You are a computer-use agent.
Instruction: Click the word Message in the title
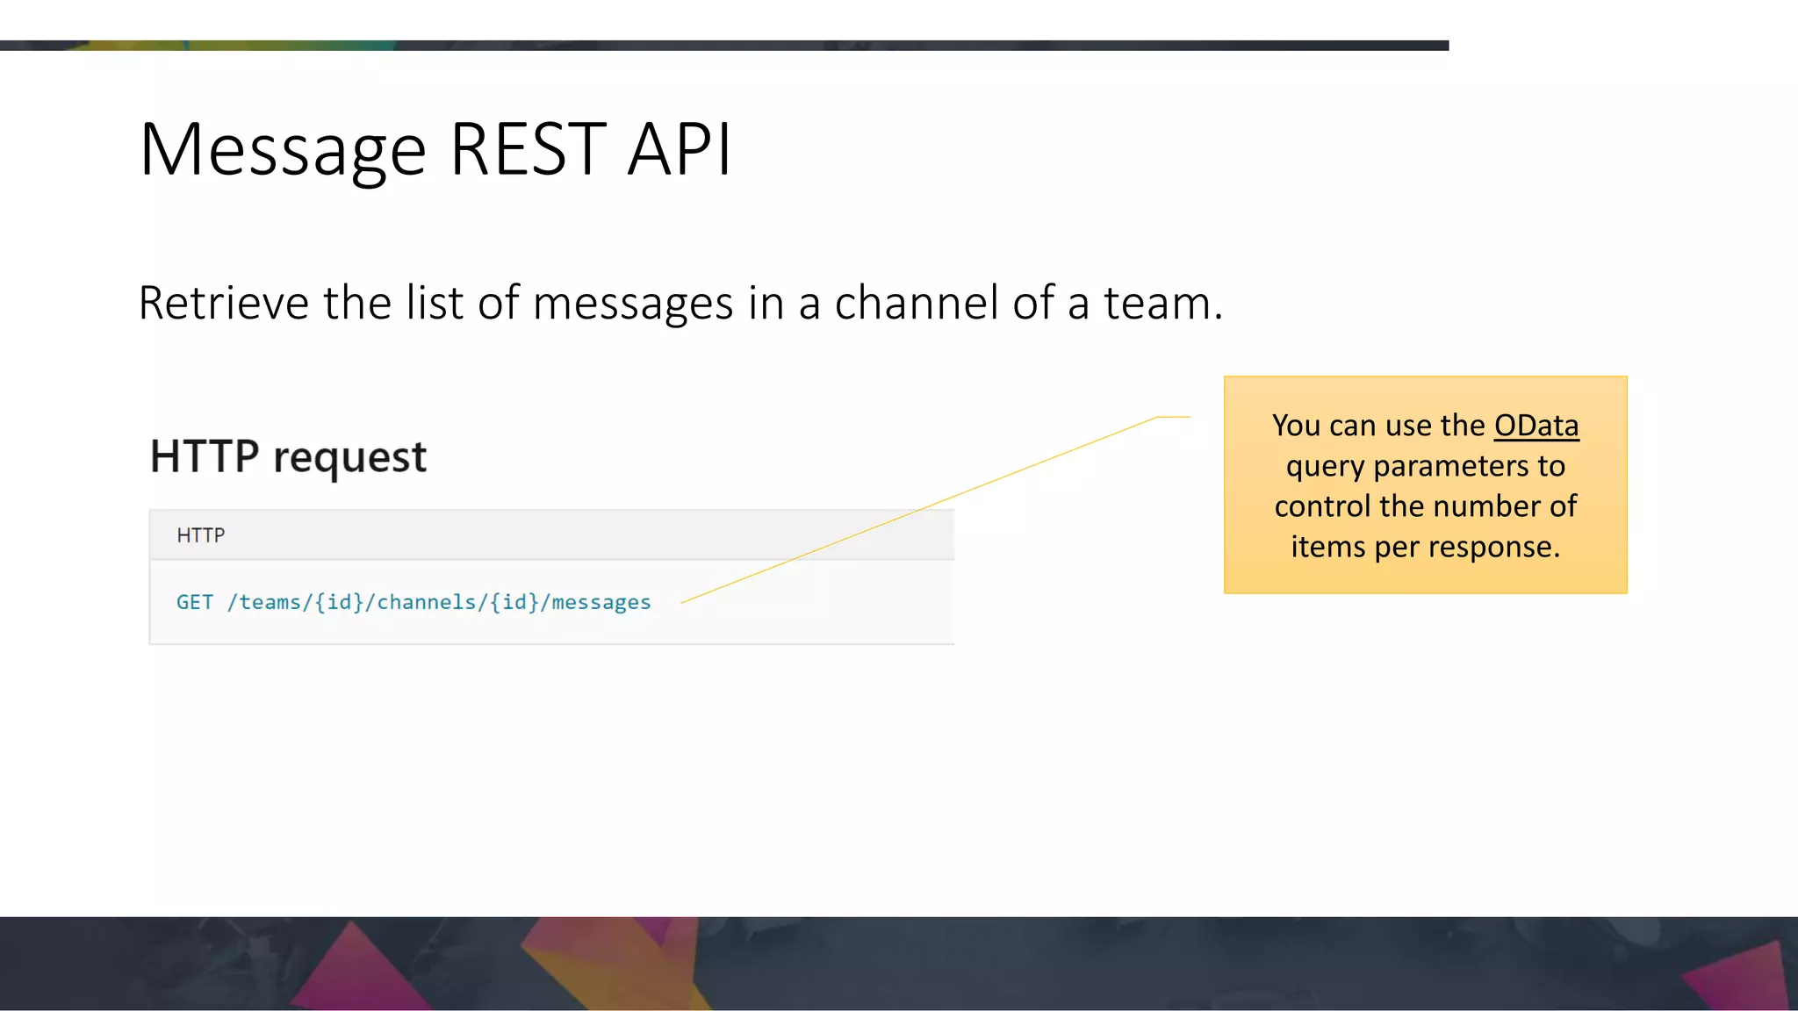point(283,151)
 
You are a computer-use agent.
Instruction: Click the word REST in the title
point(528,149)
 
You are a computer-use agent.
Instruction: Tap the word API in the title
point(680,149)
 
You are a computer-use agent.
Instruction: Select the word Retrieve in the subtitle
point(224,304)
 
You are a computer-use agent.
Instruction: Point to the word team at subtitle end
point(1157,304)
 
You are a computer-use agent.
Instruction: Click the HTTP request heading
point(288,456)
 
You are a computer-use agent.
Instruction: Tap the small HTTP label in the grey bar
point(201,535)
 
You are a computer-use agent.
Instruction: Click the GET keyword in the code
point(194,602)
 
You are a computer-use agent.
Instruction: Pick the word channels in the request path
point(426,602)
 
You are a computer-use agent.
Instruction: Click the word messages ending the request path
point(601,602)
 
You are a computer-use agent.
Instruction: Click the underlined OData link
point(1536,426)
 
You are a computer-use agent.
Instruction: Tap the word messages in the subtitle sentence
point(632,304)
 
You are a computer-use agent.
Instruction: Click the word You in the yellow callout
point(1296,426)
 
